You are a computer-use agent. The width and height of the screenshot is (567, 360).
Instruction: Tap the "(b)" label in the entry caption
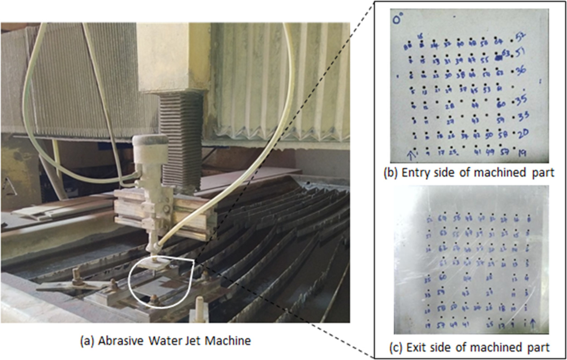pyautogui.click(x=392, y=173)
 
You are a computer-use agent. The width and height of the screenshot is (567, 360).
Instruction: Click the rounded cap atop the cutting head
pyautogui.click(x=150, y=140)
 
